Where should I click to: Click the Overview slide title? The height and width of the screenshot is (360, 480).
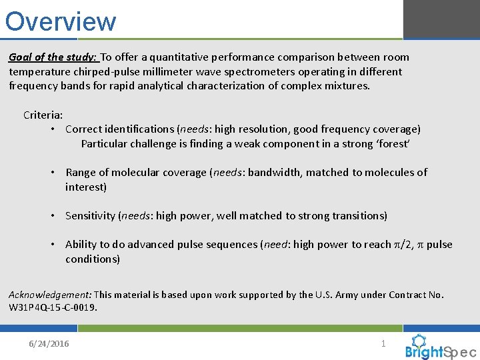click(61, 21)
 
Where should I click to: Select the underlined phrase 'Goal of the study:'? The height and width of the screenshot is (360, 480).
click(53, 57)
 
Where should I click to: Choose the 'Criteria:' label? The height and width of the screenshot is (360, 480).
click(43, 115)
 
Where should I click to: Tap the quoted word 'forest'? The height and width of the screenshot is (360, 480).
click(394, 143)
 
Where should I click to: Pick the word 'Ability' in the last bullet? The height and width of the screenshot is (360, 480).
click(81, 245)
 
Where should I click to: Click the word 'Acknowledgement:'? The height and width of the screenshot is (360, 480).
click(50, 295)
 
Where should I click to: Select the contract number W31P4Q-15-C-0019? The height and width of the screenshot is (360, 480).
click(52, 307)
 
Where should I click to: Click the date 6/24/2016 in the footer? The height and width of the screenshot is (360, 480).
click(49, 343)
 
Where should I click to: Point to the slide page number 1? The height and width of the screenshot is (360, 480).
click(383, 343)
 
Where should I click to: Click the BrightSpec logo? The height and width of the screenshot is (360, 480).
click(441, 347)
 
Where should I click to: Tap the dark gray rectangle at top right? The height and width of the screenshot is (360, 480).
click(441, 19)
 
